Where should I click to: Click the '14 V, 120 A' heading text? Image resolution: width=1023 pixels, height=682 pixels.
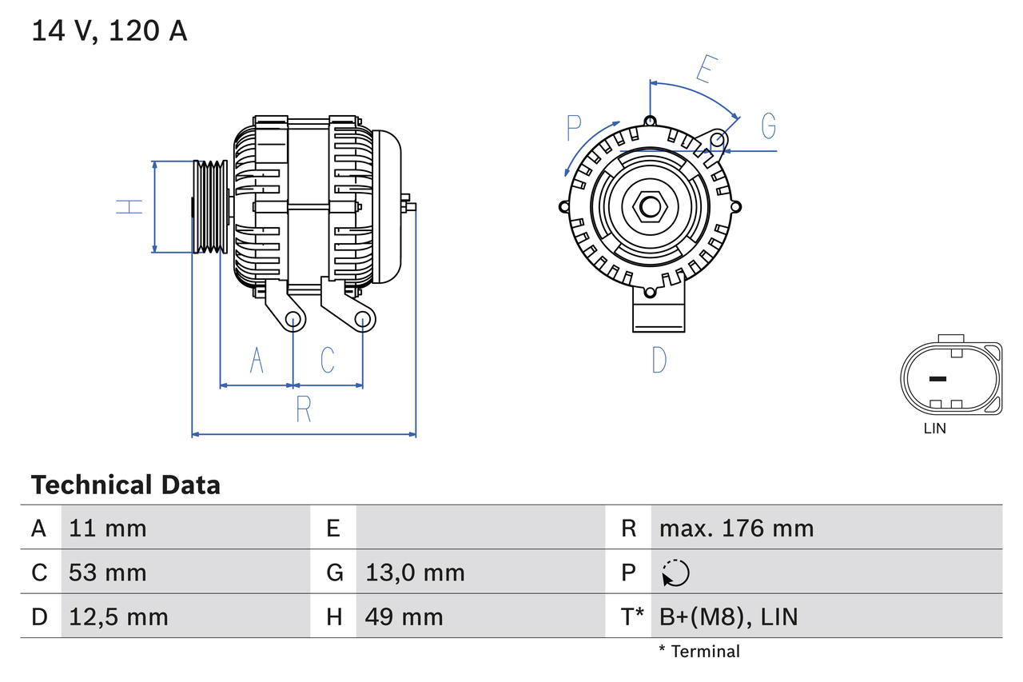(x=109, y=31)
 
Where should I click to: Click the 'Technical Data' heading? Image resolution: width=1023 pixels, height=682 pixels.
(x=125, y=485)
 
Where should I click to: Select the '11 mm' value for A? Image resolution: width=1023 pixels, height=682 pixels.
(x=108, y=528)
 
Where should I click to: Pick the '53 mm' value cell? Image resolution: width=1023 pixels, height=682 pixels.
(x=108, y=572)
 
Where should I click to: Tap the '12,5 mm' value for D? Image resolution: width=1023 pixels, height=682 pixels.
(x=118, y=616)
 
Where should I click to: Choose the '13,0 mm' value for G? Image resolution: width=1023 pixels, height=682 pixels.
(x=415, y=572)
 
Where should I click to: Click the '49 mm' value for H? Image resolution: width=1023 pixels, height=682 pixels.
(x=404, y=616)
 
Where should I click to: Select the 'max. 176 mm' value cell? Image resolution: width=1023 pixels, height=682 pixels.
(x=736, y=528)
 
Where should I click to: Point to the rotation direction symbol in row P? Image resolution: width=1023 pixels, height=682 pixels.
(x=675, y=573)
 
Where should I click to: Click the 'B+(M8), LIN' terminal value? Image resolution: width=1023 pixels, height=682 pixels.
(x=728, y=616)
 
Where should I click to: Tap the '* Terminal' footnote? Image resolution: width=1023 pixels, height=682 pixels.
(x=699, y=652)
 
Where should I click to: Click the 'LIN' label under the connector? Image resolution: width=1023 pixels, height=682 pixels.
(x=934, y=429)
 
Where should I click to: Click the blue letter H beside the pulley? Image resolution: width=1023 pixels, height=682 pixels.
(x=129, y=206)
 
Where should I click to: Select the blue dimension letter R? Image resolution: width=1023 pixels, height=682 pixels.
(x=304, y=409)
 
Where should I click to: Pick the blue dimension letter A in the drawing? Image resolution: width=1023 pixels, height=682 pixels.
(x=256, y=361)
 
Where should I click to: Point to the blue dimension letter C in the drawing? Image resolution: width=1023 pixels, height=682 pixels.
(x=328, y=361)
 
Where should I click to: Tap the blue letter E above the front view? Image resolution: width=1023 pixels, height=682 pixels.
(x=704, y=70)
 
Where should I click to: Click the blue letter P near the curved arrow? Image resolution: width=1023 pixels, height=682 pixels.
(x=574, y=128)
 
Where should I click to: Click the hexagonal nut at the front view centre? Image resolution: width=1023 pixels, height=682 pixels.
(x=650, y=207)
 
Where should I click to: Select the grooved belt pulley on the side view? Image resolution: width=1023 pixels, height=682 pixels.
(x=211, y=206)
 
